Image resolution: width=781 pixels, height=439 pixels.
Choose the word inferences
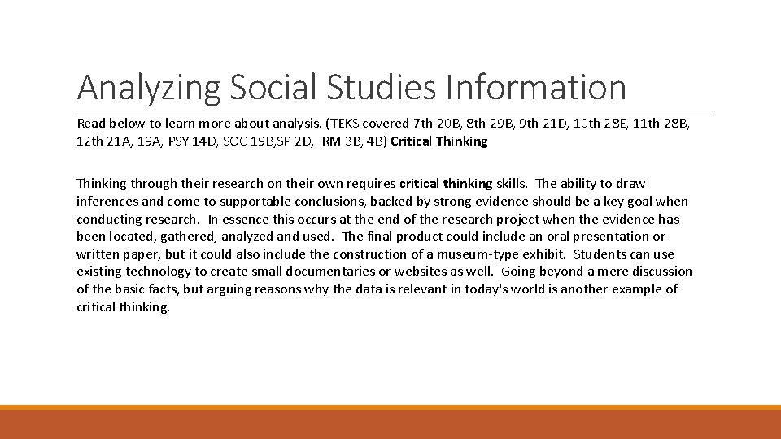(106, 202)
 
